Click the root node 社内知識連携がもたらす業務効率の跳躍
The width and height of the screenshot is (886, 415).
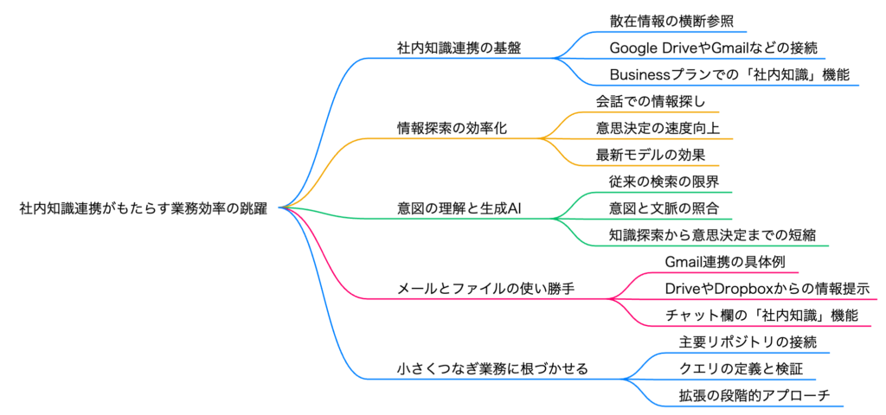[x=143, y=208]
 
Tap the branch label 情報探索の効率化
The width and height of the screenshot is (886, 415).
[x=446, y=127]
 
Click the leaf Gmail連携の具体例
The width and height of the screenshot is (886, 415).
[x=725, y=262]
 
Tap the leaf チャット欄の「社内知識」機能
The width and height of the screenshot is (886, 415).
[x=761, y=316]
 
